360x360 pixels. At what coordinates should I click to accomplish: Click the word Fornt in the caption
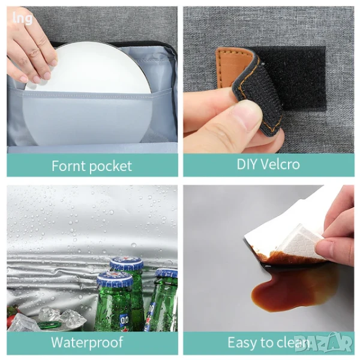[69, 166]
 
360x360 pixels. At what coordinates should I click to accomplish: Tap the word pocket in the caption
[111, 166]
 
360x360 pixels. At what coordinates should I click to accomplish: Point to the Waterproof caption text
[87, 343]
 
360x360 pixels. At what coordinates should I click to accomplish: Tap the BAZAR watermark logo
[323, 343]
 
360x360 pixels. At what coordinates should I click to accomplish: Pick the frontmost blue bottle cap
[115, 279]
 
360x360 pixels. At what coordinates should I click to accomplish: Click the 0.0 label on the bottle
[124, 320]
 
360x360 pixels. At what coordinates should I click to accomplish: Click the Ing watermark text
[22, 19]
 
